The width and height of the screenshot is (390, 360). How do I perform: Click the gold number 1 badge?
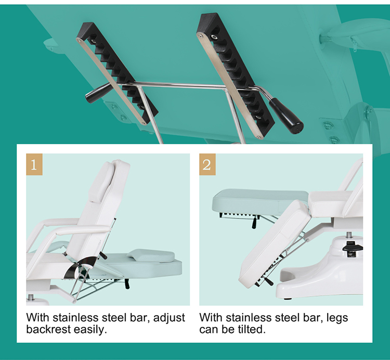(x=34, y=164)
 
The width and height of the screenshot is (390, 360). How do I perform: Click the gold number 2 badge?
(x=207, y=164)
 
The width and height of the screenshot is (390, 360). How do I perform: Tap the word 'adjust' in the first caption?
(x=169, y=318)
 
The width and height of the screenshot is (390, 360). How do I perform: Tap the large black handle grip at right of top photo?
(x=286, y=115)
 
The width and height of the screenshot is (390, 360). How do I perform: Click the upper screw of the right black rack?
(x=214, y=37)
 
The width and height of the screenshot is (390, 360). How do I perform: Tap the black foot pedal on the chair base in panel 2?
(x=353, y=248)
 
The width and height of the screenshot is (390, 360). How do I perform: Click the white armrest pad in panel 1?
(x=83, y=229)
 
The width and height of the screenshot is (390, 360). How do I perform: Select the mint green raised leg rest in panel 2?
(x=260, y=201)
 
